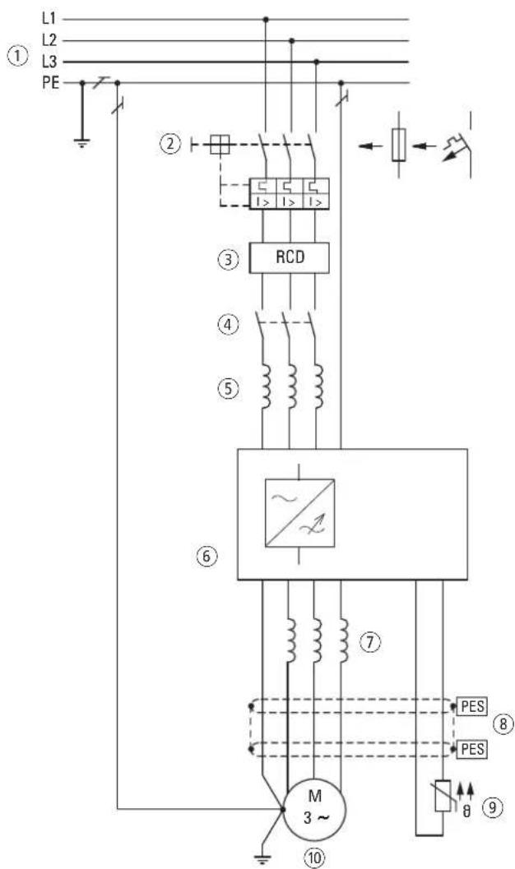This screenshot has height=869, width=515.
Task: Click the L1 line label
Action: tap(49, 18)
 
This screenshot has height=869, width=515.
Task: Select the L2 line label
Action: tap(49, 40)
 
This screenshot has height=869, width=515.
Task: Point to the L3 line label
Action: tap(49, 62)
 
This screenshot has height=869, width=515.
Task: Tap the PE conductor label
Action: tap(50, 84)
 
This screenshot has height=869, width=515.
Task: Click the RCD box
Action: tap(289, 257)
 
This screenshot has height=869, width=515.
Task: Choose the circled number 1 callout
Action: tap(17, 57)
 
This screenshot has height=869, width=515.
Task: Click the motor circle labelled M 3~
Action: tap(313, 809)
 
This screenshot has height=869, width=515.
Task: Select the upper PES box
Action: tap(472, 706)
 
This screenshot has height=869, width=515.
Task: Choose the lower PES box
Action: tap(472, 749)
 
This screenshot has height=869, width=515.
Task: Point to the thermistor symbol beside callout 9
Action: tap(443, 795)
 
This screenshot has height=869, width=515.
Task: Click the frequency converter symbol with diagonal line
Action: tap(300, 513)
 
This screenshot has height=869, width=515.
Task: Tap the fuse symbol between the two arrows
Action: tap(398, 146)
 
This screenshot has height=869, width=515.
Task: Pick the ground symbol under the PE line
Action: tap(82, 142)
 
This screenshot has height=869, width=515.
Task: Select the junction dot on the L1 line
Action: tap(266, 20)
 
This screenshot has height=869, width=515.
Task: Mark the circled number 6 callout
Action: tap(206, 555)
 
